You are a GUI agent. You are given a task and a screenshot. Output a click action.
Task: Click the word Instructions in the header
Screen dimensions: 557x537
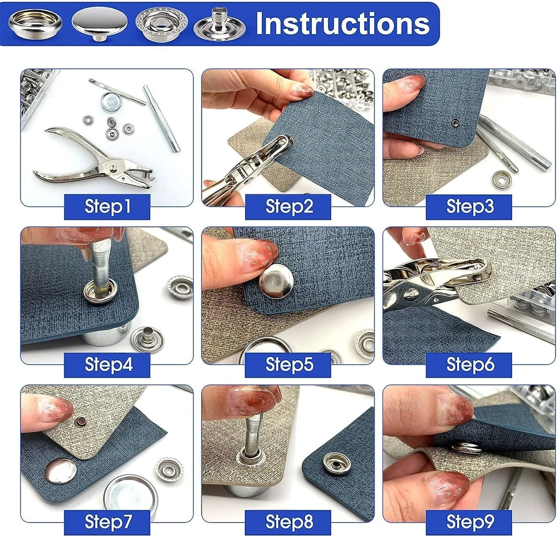click(343, 23)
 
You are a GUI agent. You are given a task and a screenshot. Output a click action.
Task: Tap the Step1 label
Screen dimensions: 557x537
click(108, 206)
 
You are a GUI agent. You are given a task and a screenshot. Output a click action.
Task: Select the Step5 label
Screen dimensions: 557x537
click(289, 364)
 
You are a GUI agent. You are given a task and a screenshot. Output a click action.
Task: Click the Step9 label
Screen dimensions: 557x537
click(470, 522)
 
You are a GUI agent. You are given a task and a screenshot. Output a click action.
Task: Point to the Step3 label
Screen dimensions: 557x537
click(470, 206)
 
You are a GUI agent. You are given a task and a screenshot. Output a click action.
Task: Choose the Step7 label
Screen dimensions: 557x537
click(108, 522)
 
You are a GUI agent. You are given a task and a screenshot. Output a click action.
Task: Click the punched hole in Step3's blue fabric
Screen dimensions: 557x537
click(455, 123)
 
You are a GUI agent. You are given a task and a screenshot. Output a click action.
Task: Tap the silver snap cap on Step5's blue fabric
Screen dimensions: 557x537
click(276, 282)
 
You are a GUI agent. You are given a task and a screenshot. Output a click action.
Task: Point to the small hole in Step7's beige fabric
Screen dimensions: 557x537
click(80, 422)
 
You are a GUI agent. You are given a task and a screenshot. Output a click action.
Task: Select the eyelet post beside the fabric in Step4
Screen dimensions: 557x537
click(148, 338)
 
